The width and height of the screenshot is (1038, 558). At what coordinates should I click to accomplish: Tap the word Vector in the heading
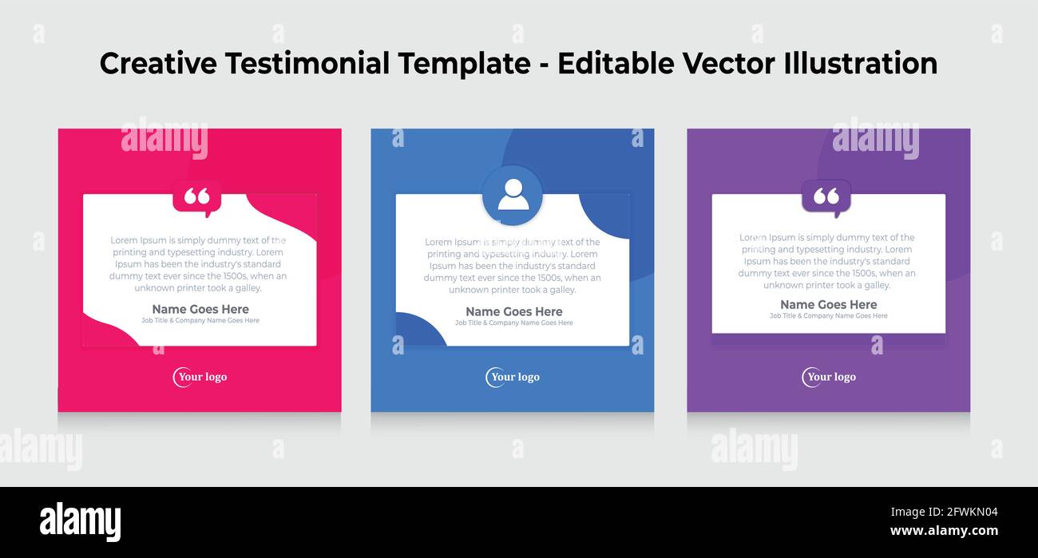pos(740,64)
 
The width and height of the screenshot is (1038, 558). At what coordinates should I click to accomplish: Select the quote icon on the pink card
pos(196,196)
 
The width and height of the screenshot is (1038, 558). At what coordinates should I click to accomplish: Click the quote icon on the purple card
pos(826,196)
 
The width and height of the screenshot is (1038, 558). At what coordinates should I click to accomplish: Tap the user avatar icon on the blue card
pos(513,195)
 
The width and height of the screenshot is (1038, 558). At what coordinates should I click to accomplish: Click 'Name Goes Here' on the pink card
pos(200,309)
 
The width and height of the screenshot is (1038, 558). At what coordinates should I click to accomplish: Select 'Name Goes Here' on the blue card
pos(514,311)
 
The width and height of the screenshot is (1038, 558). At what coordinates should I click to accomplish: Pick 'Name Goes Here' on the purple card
pos(828,304)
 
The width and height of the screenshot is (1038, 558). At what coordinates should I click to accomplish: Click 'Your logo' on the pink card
pos(200,377)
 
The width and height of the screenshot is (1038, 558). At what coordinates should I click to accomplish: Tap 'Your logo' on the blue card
pos(513,377)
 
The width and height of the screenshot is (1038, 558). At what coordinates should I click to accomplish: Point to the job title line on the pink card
pos(200,321)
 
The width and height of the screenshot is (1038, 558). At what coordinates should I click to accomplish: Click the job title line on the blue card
pos(514,323)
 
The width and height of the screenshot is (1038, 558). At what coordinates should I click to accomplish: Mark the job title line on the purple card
pos(828,316)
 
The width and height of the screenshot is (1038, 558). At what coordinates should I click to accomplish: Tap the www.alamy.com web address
pos(944,531)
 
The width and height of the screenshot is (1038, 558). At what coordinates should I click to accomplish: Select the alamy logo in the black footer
pos(80,521)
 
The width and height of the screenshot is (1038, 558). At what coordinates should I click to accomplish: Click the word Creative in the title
pos(158,64)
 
